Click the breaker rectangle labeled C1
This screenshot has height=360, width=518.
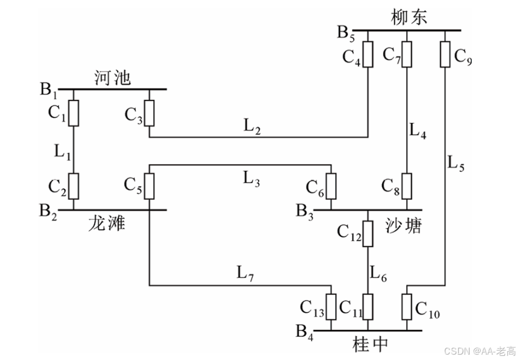click(x=73, y=113)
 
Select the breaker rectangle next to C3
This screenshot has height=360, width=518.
click(x=149, y=113)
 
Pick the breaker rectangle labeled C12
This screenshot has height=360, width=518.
click(x=368, y=233)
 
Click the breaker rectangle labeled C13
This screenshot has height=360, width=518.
click(x=331, y=306)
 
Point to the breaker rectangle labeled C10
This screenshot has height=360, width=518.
click(x=406, y=306)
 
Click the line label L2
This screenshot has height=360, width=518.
click(x=251, y=126)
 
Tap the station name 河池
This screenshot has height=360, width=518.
click(x=112, y=77)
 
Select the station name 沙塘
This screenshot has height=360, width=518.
click(x=404, y=226)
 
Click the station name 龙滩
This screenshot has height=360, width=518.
click(x=107, y=223)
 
